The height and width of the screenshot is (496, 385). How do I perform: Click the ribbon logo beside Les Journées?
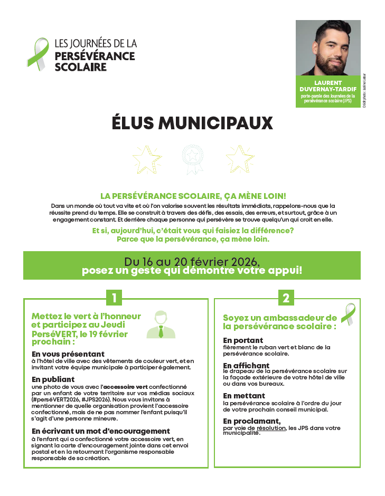[x=37, y=52]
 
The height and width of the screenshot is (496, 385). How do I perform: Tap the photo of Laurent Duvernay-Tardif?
[x=328, y=48]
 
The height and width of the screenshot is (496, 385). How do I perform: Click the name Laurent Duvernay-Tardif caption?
[x=328, y=86]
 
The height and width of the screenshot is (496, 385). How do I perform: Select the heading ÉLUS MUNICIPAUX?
[x=192, y=123]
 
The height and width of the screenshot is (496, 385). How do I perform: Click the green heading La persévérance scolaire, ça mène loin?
[x=193, y=196]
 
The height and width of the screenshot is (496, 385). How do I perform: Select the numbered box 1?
[x=114, y=298]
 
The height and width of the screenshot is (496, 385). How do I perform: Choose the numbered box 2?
[x=286, y=298]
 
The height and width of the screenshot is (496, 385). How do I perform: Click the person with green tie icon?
[x=160, y=325]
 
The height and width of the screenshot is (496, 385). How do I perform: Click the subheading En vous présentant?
[x=68, y=354]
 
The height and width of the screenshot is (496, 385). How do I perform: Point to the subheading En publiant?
[x=53, y=379]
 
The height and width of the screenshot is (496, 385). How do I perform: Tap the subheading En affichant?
[x=246, y=366]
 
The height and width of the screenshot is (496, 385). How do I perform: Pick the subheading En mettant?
[x=244, y=396]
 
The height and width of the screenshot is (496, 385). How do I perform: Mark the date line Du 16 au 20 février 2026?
[x=192, y=262]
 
